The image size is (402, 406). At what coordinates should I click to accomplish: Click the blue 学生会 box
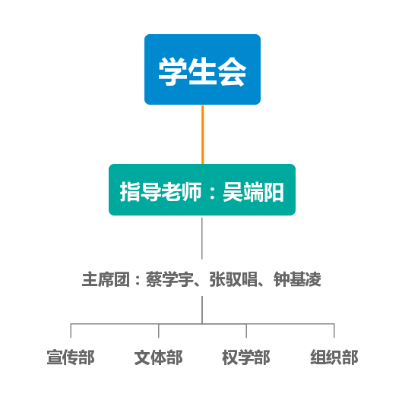(202, 69)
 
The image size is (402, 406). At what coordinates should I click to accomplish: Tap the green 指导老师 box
(202, 190)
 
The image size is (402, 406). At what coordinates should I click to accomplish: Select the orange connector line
(203, 134)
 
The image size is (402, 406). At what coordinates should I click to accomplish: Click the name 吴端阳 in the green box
(253, 192)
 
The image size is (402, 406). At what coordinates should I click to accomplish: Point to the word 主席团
(106, 279)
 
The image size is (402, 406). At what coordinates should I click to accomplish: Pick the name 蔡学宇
(169, 279)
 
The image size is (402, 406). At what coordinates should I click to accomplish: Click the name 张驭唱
(233, 279)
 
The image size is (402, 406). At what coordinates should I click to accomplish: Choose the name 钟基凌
(297, 279)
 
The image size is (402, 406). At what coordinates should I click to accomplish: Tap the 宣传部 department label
(71, 357)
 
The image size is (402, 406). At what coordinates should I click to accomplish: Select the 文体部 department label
(159, 357)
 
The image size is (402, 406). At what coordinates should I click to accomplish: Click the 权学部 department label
(246, 357)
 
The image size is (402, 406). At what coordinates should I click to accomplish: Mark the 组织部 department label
(334, 357)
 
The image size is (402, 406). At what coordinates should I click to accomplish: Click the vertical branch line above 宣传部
(71, 331)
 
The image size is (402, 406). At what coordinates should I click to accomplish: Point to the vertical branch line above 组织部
(334, 331)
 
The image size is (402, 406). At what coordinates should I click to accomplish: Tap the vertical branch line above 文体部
(159, 331)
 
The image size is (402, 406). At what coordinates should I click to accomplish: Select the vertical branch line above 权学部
(246, 331)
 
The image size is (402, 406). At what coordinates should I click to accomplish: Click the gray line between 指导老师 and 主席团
(202, 238)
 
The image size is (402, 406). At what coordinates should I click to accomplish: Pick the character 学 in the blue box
(173, 71)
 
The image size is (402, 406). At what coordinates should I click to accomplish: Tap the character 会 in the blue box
(232, 71)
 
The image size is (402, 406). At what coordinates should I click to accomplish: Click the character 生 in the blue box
(202, 71)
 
